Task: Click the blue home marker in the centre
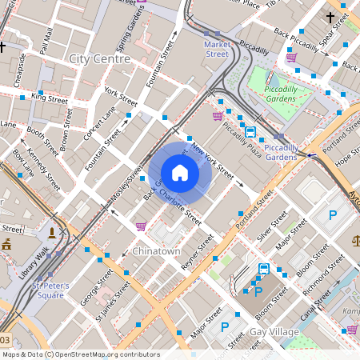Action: point(180,173)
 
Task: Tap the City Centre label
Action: point(100,58)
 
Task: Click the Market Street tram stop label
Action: point(216,49)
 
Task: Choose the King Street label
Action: point(50,98)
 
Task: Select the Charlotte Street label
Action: point(180,204)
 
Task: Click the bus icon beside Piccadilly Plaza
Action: point(250,132)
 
